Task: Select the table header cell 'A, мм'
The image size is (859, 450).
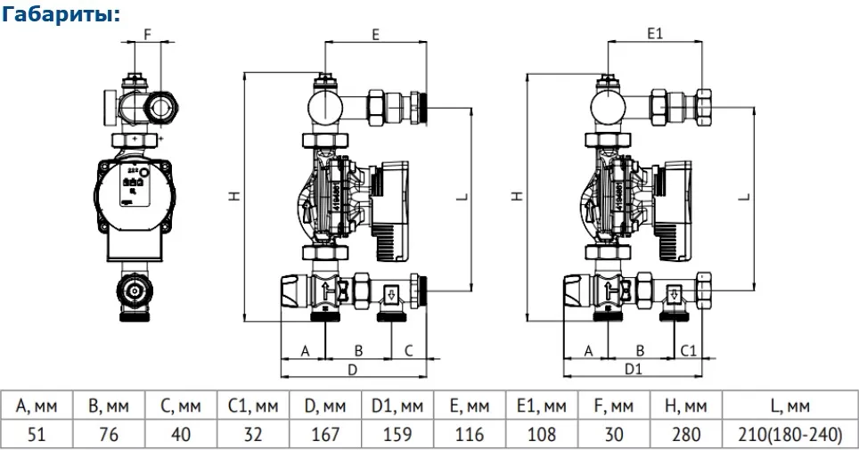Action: (x=36, y=406)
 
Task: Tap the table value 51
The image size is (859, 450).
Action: (x=36, y=434)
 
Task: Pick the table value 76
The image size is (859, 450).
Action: (x=109, y=434)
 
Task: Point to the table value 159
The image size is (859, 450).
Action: (x=397, y=434)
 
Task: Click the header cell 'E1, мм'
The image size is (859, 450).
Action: (x=542, y=406)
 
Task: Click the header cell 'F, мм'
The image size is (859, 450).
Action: (x=614, y=406)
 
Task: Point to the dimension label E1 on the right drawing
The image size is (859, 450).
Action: (x=657, y=33)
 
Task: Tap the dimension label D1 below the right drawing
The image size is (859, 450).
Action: (x=634, y=368)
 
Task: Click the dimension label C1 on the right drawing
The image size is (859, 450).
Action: (x=689, y=350)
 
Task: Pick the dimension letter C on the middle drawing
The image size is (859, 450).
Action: (x=408, y=350)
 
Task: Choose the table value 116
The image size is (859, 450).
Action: (x=469, y=434)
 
